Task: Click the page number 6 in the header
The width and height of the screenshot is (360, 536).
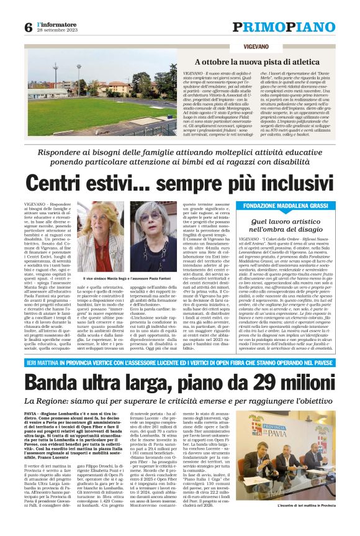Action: pyautogui.click(x=29, y=27)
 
